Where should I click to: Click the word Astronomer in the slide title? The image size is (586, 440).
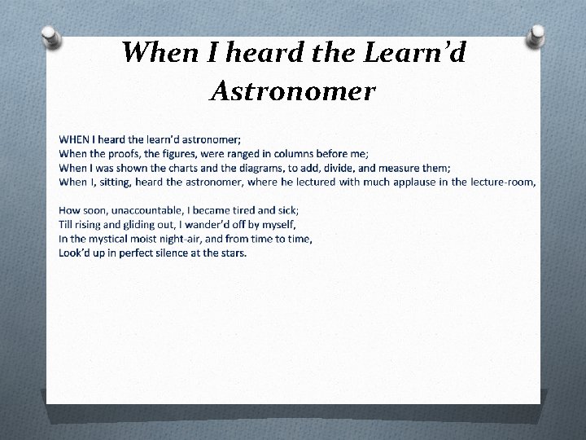coord(292,90)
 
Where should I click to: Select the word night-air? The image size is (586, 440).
coord(186,239)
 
